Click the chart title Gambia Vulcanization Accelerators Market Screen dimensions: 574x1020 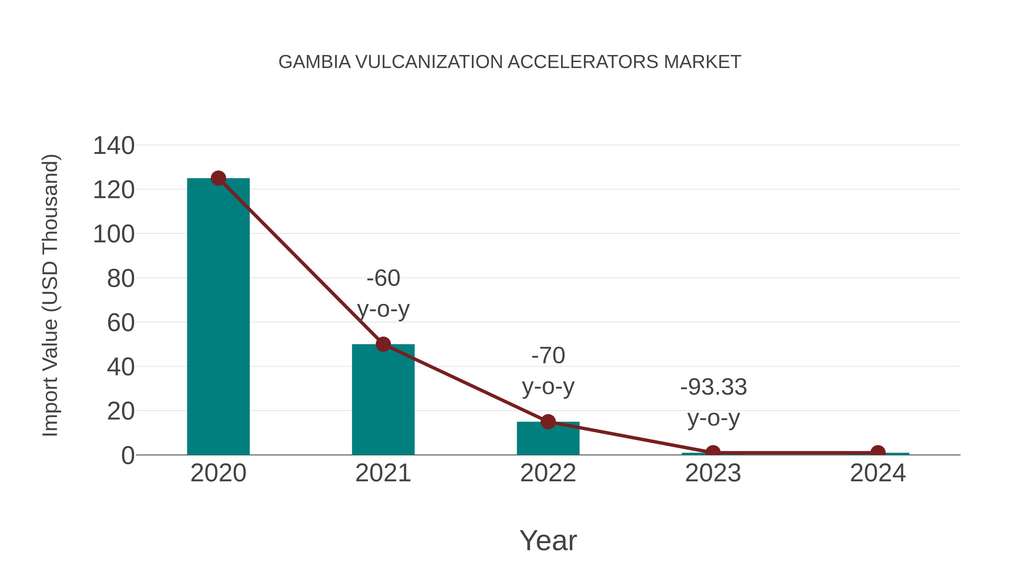coord(510,62)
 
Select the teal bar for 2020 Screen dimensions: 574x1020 coord(218,317)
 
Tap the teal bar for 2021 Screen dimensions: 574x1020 coord(383,400)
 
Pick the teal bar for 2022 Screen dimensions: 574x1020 coord(548,439)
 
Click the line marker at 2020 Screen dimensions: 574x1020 coord(218,178)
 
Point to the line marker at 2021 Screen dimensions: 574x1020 coord(383,344)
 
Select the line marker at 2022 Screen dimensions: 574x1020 coord(548,422)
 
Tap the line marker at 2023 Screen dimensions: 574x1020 coord(713,452)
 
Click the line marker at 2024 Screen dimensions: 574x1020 coord(878,452)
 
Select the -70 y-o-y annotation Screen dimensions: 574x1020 coord(548,371)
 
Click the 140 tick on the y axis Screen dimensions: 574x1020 coord(114,146)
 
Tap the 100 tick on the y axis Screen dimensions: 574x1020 coord(114,234)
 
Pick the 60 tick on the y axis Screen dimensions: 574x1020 coord(121,323)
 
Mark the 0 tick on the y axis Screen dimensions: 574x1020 coord(128,456)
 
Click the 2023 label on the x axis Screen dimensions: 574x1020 coord(713,473)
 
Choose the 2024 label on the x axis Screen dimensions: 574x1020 coord(878,473)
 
